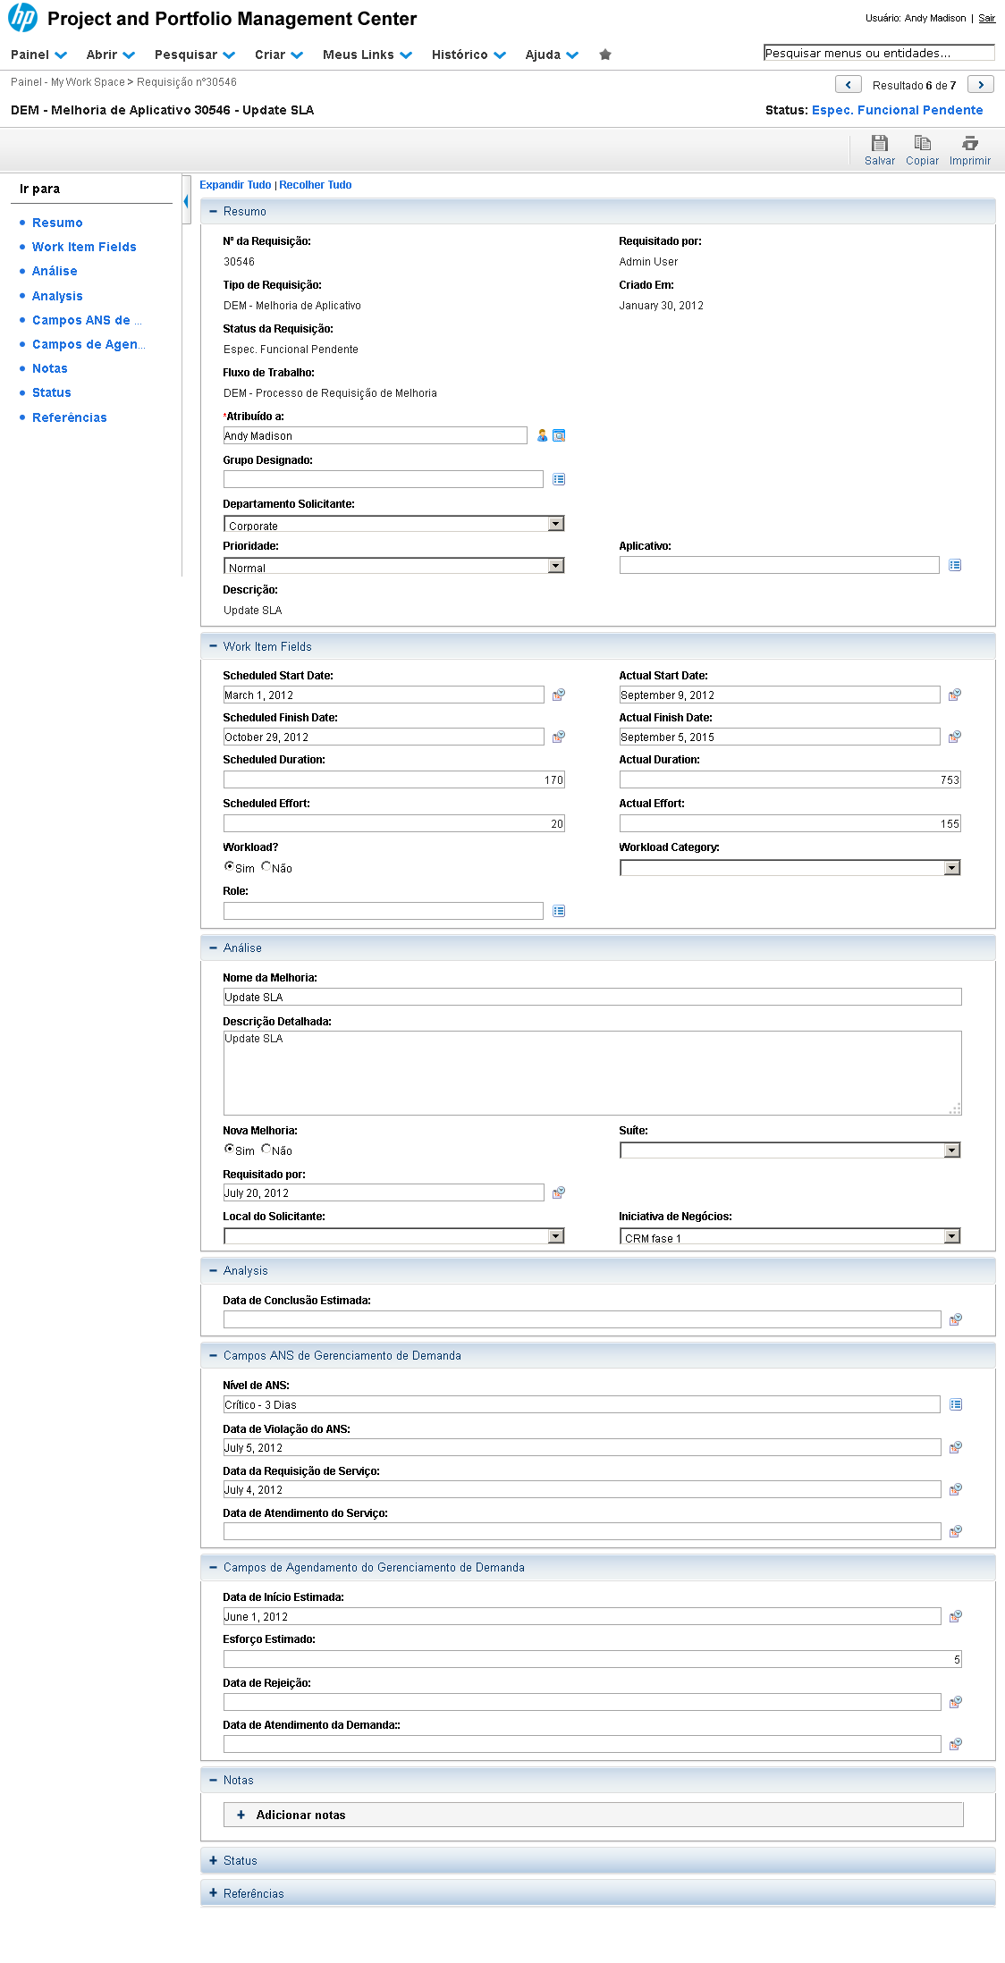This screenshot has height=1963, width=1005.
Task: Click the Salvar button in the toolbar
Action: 879,149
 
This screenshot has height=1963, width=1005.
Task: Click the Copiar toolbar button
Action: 922,149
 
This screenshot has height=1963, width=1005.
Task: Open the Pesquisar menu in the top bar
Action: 194,55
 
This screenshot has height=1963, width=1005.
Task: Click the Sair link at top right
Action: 986,18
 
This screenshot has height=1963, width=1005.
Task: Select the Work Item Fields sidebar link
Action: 84,247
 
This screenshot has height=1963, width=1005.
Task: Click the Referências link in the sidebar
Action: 69,417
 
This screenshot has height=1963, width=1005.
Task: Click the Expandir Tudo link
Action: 235,185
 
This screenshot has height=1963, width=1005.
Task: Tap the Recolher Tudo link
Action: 316,185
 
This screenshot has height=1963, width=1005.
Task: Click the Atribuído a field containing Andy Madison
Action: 375,435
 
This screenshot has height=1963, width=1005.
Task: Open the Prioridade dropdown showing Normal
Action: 393,566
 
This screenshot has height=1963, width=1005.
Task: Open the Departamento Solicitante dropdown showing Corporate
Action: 393,524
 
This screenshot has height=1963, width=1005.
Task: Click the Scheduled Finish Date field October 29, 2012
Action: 383,737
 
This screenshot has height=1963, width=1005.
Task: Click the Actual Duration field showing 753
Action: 790,779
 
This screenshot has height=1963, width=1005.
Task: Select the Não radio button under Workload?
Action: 266,866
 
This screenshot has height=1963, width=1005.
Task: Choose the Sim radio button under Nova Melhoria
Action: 229,1149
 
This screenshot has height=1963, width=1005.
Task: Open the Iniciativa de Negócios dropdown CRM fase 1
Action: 790,1236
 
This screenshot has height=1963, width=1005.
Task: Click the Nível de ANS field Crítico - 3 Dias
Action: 581,1404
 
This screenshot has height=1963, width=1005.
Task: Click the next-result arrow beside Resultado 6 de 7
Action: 981,85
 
